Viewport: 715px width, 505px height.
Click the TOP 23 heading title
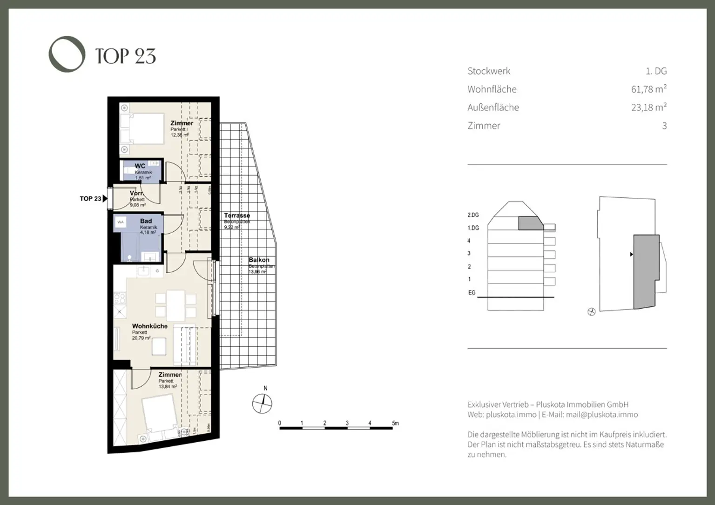pyautogui.click(x=125, y=56)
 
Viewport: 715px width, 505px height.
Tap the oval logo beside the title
pyautogui.click(x=67, y=54)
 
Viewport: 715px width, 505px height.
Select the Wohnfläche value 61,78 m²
pyautogui.click(x=648, y=89)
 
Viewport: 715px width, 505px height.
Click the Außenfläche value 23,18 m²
pyautogui.click(x=648, y=107)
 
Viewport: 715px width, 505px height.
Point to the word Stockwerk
pyautogui.click(x=488, y=71)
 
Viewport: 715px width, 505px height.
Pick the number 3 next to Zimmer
pyautogui.click(x=664, y=126)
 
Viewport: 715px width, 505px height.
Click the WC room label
pyautogui.click(x=140, y=166)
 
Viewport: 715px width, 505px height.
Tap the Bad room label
pyautogui.click(x=146, y=221)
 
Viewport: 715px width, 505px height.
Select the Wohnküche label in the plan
pyautogui.click(x=149, y=326)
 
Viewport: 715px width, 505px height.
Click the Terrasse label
pyautogui.click(x=237, y=215)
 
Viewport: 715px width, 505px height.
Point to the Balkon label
pyautogui.click(x=259, y=260)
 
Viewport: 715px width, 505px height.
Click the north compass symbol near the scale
pyautogui.click(x=262, y=404)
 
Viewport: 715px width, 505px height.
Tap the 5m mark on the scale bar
pyautogui.click(x=395, y=423)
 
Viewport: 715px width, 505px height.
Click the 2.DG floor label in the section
pyautogui.click(x=473, y=215)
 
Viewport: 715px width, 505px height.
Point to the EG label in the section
pyautogui.click(x=472, y=293)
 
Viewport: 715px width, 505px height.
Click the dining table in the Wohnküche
pyautogui.click(x=175, y=304)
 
